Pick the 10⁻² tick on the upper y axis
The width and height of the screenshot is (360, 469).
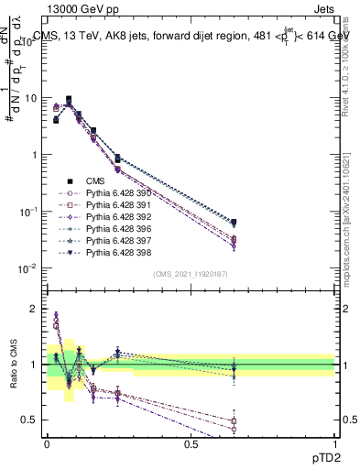point(28,268)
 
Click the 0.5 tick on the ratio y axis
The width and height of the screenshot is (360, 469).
point(30,420)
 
